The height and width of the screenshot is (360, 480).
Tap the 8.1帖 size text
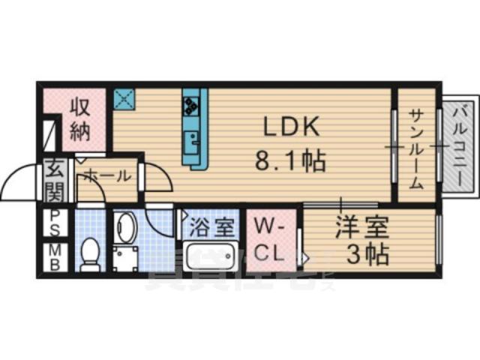click(291, 160)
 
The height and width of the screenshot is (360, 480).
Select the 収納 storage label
click(80, 120)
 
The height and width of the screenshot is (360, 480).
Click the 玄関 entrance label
click(54, 180)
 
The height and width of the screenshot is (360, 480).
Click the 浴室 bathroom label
click(211, 225)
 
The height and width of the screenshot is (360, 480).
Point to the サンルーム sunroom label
click(415, 148)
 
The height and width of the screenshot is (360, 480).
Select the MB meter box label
click(54, 255)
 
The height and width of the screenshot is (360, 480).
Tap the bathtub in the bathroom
click(211, 255)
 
